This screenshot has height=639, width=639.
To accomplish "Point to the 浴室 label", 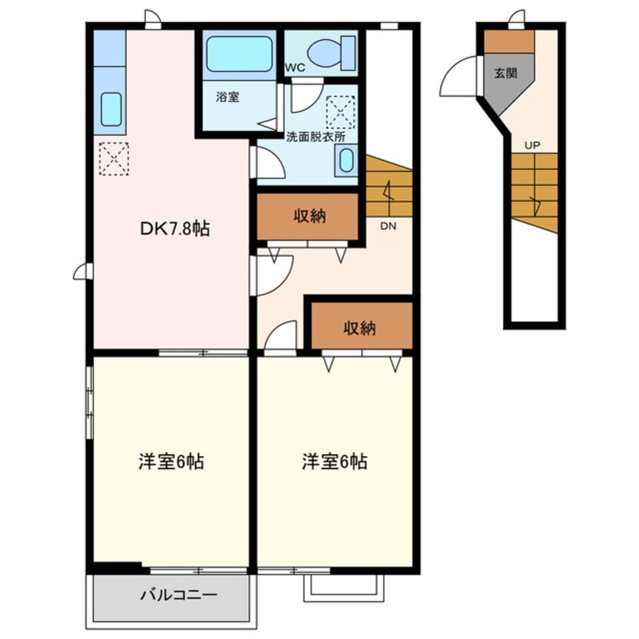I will coord(227,97).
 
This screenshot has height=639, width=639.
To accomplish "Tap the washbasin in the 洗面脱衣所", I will coord(346,161).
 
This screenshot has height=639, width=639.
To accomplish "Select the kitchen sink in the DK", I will coord(112,110).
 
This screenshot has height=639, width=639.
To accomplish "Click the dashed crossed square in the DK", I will coord(114,159).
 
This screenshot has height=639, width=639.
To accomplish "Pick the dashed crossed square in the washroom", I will coord(340,112).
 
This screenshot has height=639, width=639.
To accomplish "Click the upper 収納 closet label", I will coord(309,216).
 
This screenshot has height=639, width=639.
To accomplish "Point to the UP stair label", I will coord(532,144).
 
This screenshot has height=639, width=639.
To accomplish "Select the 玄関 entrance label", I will coord(505,74).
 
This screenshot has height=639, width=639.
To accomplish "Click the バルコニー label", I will coord(179,595).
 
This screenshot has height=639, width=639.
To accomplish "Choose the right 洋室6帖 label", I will coord(335,461).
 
